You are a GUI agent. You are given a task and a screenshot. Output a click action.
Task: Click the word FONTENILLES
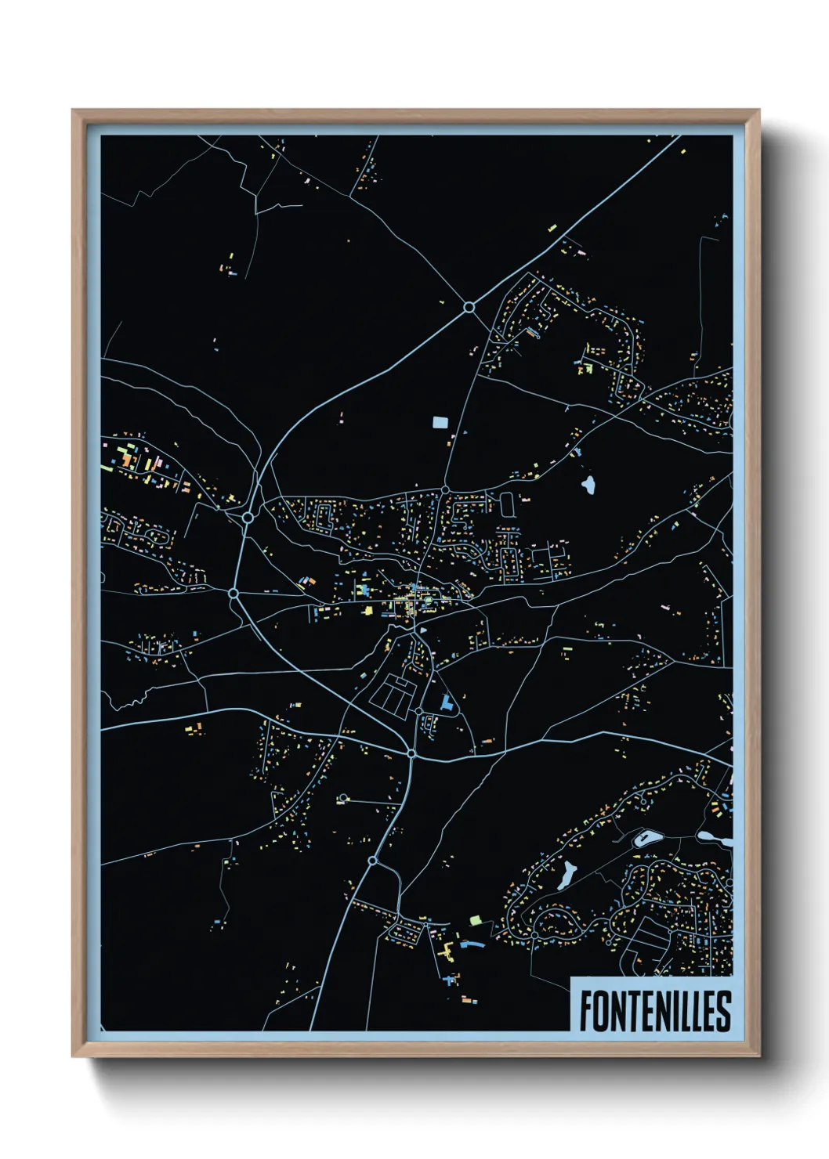[655, 1011]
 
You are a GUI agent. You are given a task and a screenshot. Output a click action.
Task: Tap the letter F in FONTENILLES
[586, 1011]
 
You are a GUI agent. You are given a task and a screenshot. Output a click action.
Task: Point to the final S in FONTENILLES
[723, 1011]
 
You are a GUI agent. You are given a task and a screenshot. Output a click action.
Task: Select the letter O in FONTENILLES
[602, 1011]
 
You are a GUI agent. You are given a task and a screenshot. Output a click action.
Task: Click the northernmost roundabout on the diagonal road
[469, 307]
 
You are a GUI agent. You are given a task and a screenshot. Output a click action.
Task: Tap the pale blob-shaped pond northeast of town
[588, 486]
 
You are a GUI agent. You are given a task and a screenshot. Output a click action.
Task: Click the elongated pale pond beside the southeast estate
[566, 876]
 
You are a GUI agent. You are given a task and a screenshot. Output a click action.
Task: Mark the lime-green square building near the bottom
[474, 919]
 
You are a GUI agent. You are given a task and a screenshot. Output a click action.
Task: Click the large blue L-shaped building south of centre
[447, 702]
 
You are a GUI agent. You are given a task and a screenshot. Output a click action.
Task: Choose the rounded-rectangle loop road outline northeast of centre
[507, 504]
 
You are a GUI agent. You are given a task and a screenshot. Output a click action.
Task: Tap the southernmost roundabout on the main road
[373, 861]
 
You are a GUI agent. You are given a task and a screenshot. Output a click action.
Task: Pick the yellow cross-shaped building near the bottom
[448, 951]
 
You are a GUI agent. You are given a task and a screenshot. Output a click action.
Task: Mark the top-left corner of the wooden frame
[73, 110]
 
